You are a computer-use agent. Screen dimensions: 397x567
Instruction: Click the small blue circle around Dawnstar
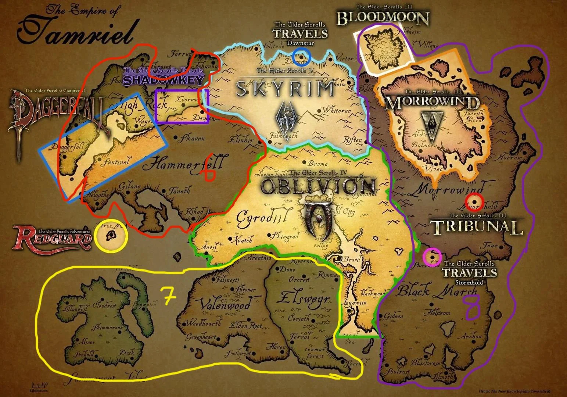click(x=302, y=56)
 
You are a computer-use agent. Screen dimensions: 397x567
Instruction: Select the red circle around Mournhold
click(x=474, y=201)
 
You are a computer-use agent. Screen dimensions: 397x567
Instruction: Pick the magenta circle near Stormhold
click(x=432, y=257)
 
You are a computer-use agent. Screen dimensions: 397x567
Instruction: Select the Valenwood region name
click(x=225, y=305)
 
